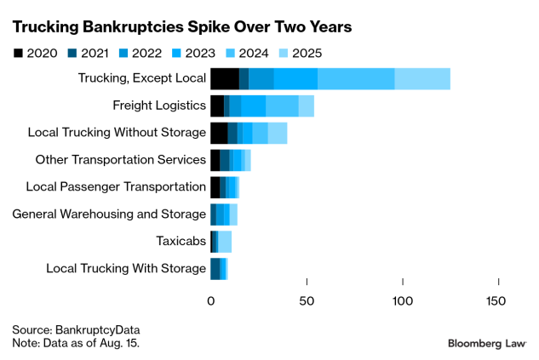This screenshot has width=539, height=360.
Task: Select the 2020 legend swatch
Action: click(19, 54)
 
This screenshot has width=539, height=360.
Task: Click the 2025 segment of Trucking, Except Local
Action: click(422, 79)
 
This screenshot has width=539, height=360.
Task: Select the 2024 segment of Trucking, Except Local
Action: click(356, 79)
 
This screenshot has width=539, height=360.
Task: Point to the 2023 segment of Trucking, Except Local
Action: click(295, 79)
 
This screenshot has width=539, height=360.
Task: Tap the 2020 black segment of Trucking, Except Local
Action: click(225, 79)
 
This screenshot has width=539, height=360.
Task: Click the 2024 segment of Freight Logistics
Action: click(282, 106)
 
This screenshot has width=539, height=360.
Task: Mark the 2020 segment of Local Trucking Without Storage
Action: click(219, 133)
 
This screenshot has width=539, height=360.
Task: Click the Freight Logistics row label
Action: click(159, 106)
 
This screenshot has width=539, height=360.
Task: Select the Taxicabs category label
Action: click(181, 241)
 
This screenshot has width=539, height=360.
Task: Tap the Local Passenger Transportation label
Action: click(116, 187)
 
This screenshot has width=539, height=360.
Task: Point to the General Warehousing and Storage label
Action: click(109, 214)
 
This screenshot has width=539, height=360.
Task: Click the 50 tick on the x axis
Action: click(307, 300)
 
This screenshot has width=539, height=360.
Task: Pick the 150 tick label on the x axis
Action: click(496, 300)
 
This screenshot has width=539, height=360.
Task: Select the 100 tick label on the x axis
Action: click(402, 300)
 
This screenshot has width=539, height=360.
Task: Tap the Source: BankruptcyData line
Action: click(76, 329)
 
